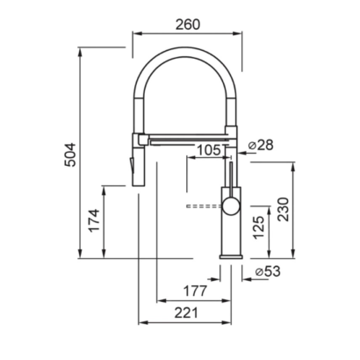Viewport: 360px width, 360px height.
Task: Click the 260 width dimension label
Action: pyautogui.click(x=188, y=25)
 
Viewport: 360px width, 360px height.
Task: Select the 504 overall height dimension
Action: pyautogui.click(x=70, y=155)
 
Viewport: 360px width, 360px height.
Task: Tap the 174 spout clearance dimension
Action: pyautogui.click(x=95, y=220)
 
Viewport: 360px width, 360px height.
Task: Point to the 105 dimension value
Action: pyautogui.click(x=209, y=150)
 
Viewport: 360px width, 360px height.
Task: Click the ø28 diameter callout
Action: pyautogui.click(x=260, y=145)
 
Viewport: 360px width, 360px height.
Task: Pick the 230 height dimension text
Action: pyautogui.click(x=284, y=209)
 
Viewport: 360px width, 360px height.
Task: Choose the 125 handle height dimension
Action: pyautogui.click(x=259, y=228)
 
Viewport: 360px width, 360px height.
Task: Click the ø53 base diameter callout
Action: pyautogui.click(x=268, y=271)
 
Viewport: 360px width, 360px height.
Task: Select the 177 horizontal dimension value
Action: pyautogui.click(x=195, y=291)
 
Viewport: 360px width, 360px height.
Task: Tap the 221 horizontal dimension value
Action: pyautogui.click(x=186, y=313)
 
